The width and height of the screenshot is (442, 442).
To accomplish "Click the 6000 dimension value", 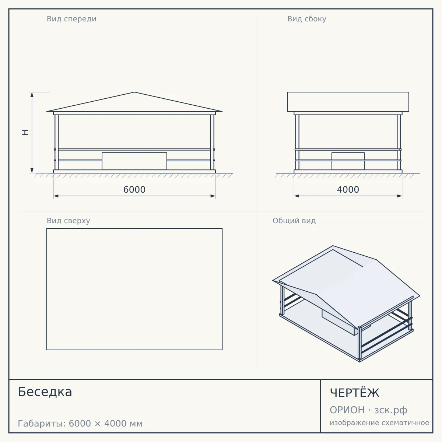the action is pyautogui.click(x=134, y=190).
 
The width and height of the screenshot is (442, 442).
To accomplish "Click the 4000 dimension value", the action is pyautogui.click(x=348, y=190).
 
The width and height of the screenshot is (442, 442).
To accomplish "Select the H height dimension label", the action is pyautogui.click(x=25, y=132).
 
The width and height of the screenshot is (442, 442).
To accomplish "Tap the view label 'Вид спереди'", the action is pyautogui.click(x=71, y=19).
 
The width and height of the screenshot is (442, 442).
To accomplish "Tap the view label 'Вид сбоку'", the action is pyautogui.click(x=307, y=19).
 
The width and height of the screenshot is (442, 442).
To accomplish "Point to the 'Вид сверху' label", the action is pyautogui.click(x=69, y=221).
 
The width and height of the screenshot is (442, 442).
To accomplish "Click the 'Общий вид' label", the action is pyautogui.click(x=294, y=221).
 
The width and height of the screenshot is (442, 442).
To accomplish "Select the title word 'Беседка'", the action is pyautogui.click(x=45, y=392).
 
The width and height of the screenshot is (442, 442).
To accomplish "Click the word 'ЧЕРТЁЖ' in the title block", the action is pyautogui.click(x=355, y=392).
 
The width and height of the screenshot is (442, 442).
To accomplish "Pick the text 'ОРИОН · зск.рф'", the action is pyautogui.click(x=368, y=410).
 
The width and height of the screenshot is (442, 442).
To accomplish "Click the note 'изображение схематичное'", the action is pyautogui.click(x=379, y=422).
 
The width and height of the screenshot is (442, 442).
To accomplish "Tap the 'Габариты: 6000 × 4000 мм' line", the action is pyautogui.click(x=80, y=424).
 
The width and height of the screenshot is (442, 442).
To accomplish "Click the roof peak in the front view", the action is pyautogui.click(x=134, y=92).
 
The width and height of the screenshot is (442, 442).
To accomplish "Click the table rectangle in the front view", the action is pyautogui.click(x=134, y=161).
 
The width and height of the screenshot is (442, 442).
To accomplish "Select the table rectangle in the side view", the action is pyautogui.click(x=348, y=161).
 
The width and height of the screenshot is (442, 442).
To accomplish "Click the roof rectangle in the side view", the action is pyautogui.click(x=348, y=102).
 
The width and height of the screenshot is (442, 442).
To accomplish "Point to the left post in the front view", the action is pyautogui.click(x=56, y=142).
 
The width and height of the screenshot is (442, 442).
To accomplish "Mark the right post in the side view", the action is pyautogui.click(x=399, y=142).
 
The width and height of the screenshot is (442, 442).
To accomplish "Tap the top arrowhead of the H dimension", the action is pyautogui.click(x=32, y=95).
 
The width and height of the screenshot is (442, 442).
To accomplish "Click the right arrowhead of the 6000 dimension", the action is pyautogui.click(x=213, y=196).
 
